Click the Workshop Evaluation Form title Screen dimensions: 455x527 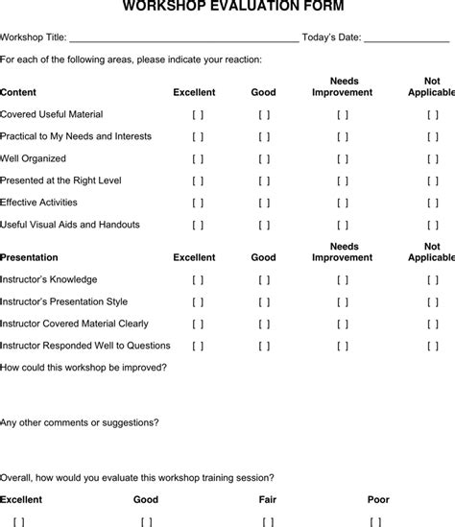point(227,8)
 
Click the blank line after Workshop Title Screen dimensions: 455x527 point(183,38)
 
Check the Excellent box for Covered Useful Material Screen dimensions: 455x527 point(198,114)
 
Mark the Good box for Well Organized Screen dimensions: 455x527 point(264,158)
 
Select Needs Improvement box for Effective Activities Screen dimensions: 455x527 point(343,203)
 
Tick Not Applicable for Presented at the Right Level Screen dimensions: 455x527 point(433,180)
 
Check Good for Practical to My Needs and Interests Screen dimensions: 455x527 point(264,136)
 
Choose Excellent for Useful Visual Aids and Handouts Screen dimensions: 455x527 point(198,225)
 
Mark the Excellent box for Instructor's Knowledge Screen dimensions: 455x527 point(198,279)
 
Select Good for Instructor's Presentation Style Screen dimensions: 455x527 point(264,301)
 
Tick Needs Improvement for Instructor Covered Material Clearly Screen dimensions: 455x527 point(343,323)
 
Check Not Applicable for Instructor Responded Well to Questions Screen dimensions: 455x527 point(433,346)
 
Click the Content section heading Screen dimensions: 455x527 point(19,93)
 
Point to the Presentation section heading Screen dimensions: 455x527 point(30,257)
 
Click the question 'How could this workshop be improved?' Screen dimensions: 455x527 point(84,368)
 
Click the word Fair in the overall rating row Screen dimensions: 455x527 point(268,499)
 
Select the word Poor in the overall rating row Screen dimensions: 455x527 point(378,499)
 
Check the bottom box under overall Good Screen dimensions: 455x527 point(146,521)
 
